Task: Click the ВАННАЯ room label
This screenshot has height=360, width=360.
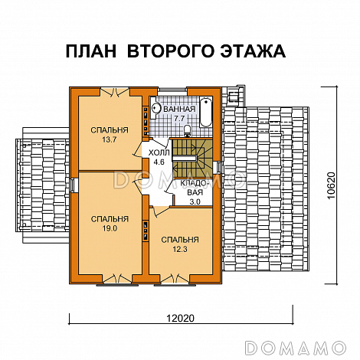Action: point(179,110)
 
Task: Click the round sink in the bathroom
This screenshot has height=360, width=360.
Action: point(153,109)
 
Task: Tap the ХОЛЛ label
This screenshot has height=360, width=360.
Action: point(159,152)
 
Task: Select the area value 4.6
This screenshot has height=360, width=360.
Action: point(159,162)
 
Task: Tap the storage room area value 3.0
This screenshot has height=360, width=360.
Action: point(195,202)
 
